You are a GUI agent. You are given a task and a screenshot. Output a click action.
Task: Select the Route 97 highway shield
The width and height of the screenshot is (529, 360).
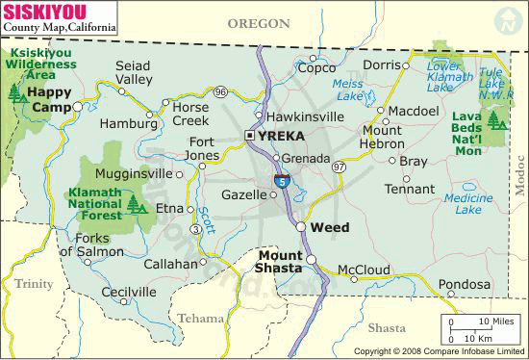click(x=339, y=167)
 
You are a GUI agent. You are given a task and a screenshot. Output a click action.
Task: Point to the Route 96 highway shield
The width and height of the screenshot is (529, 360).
click(x=221, y=91)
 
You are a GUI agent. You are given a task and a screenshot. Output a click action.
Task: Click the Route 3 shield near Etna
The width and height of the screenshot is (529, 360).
click(x=196, y=229)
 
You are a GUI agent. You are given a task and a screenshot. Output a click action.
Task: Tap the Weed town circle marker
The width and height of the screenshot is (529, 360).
click(x=301, y=227)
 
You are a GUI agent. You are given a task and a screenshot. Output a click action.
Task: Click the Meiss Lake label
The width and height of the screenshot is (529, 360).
click(x=347, y=90)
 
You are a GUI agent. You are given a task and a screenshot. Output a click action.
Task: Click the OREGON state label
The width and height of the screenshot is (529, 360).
click(x=259, y=23)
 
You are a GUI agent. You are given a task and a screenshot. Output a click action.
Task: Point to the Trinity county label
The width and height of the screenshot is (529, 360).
click(x=34, y=283)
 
